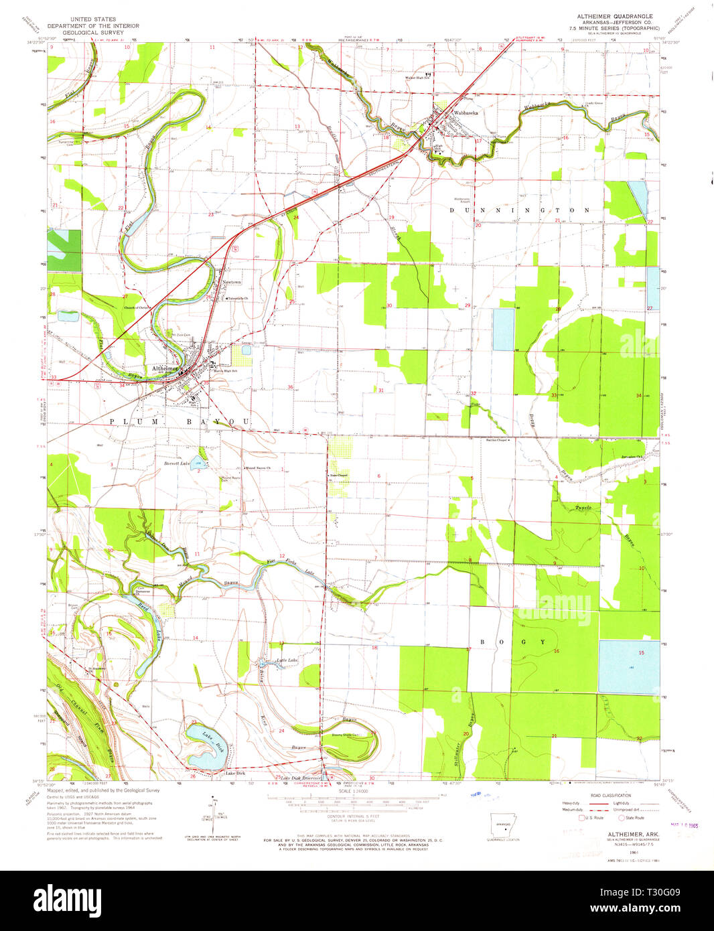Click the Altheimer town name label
(x=165, y=368)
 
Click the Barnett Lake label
(x=177, y=463)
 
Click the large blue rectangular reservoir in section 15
(x=628, y=667)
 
